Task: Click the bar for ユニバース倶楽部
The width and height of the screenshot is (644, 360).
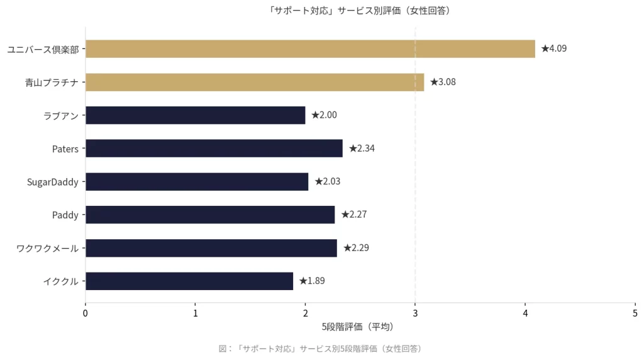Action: pos(310,48)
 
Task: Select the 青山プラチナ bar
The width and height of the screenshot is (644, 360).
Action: pos(255,82)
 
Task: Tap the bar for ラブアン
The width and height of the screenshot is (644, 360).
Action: pos(195,115)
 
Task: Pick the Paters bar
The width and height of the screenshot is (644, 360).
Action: pos(214,149)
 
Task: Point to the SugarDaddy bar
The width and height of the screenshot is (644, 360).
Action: pos(197,182)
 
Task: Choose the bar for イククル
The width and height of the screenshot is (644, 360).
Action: pos(189,281)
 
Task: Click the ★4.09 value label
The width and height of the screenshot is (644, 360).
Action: pos(554,48)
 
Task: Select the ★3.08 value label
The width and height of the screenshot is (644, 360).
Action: pos(443,82)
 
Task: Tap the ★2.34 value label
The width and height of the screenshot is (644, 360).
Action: pos(362,149)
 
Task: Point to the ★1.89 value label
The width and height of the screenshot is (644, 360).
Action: pos(312,281)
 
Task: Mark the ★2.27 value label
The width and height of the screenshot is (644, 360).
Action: pos(353,215)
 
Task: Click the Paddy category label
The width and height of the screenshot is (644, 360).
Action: pos(65,215)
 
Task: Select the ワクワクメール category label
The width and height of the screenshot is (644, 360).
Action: pos(48,248)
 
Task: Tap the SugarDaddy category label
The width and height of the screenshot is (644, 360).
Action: pos(53,182)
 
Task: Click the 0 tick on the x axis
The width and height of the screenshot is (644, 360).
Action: pos(86,313)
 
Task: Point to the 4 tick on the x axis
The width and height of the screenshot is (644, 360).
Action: pos(525,313)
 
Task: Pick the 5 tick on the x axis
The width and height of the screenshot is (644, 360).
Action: pos(635,313)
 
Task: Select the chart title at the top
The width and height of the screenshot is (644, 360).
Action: pos(359,11)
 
